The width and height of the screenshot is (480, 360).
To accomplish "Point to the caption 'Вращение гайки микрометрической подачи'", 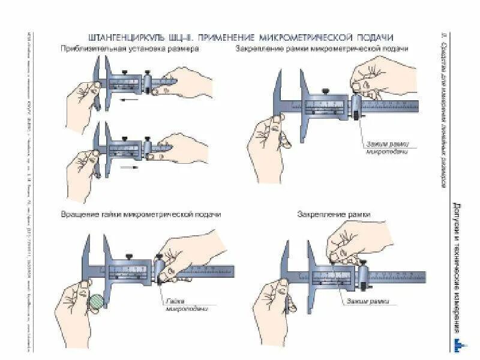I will point(141,214).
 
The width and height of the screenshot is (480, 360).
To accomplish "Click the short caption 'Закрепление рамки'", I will point(334,214).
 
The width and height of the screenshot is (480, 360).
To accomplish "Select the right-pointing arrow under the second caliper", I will point(128,168).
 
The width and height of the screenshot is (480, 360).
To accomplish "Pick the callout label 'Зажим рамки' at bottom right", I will point(365,301).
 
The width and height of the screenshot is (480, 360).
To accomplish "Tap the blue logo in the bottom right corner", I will point(458,345).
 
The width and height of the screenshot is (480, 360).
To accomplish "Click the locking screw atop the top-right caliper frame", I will point(325,92).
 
